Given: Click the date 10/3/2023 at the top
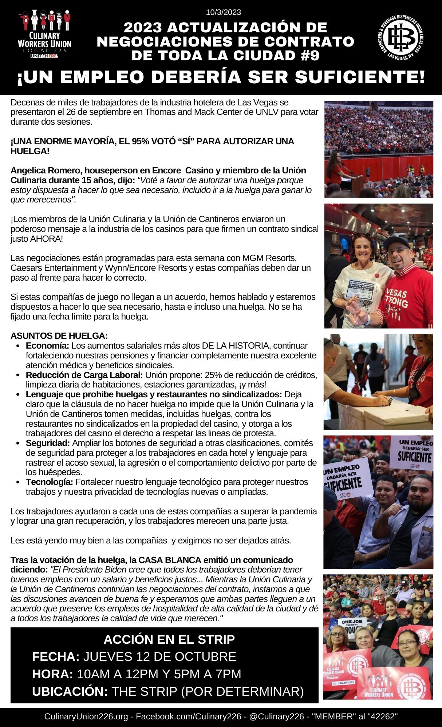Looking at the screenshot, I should click(x=223, y=12).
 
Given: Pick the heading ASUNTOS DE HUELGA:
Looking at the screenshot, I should click(x=59, y=335).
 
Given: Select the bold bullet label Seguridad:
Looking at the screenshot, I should click(x=48, y=443).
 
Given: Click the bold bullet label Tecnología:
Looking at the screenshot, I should click(x=50, y=482).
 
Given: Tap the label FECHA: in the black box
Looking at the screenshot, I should click(x=56, y=657).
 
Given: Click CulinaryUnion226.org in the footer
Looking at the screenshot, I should click(x=86, y=717).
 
